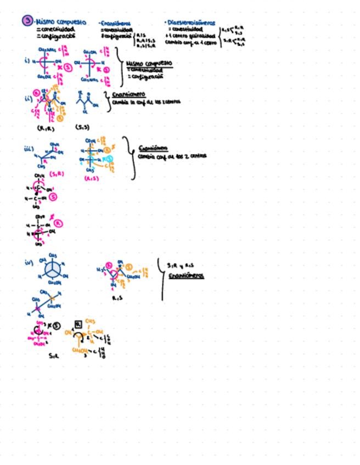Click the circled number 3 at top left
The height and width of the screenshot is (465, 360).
pos(27,21)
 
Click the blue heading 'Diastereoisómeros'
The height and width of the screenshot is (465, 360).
pos(190,23)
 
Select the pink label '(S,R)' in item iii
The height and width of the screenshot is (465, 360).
pos(57,174)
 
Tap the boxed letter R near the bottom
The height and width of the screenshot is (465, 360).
pos(78,325)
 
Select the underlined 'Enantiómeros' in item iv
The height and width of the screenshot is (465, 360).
pos(186,275)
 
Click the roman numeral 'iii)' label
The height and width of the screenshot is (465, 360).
pos(29,149)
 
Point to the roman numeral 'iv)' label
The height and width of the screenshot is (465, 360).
pos(29,262)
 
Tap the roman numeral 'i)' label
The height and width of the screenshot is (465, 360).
pos(27,60)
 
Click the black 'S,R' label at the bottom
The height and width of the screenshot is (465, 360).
pos(53,355)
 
